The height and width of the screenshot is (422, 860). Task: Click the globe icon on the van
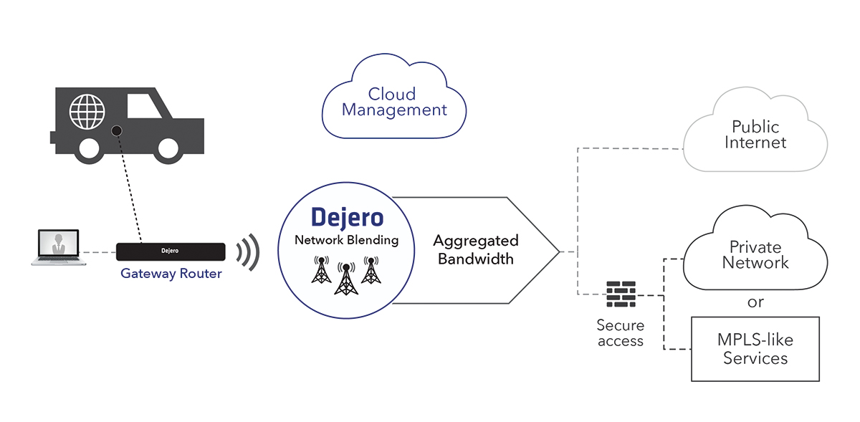coord(87,111)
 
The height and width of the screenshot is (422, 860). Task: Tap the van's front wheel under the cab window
coord(168,148)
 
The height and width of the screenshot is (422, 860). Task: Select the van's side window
coord(144,105)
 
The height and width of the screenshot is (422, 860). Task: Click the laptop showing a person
coord(59,247)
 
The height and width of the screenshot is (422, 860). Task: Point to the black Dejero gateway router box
coord(171,251)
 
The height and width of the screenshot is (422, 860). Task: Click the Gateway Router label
coord(171,274)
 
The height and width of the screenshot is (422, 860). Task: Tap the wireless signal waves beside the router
coord(249,252)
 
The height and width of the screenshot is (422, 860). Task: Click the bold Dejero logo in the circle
coord(347,218)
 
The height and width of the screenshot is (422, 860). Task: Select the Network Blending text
coord(346,240)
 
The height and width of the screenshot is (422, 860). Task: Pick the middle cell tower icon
coord(346,279)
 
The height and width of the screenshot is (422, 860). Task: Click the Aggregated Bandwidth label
coord(476,249)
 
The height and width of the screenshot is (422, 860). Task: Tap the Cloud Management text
coord(394,102)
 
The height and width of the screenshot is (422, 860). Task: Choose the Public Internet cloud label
coord(755,135)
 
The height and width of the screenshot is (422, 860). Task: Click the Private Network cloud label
coord(755,255)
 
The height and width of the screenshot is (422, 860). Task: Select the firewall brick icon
coord(621,294)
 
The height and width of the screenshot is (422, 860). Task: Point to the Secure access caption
coord(621,333)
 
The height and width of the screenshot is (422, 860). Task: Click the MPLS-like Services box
coord(755,349)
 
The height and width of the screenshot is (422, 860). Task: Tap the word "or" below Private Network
coord(755,302)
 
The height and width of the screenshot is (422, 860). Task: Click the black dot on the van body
coord(117,131)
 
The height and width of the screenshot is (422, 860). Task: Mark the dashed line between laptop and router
coord(100,252)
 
